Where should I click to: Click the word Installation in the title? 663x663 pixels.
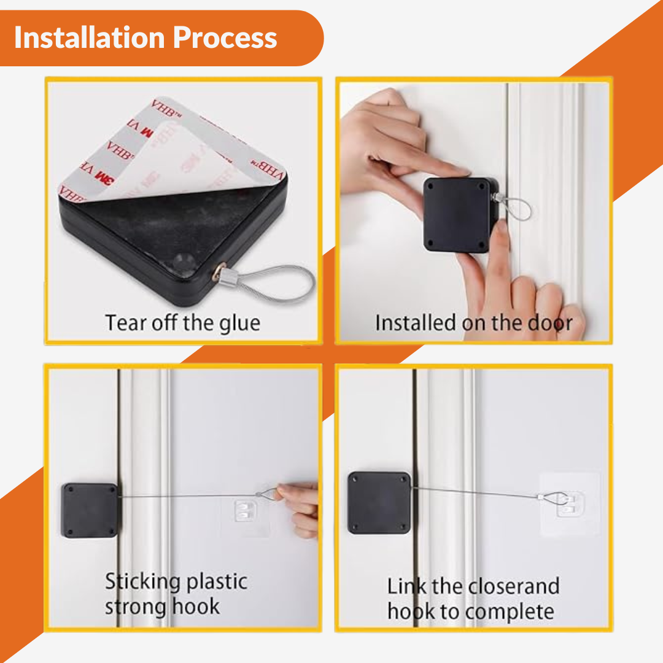pos(89,37)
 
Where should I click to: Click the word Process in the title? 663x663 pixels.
pos(225,37)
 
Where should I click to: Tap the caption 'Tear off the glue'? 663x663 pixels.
pos(183,324)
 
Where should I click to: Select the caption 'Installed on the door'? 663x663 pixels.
pos(474,323)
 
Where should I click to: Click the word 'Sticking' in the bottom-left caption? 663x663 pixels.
pos(143,582)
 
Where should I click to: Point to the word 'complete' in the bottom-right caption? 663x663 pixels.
pos(510,612)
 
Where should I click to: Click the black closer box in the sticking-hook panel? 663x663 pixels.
pos(90,510)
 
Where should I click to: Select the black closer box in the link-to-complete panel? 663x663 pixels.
pos(379,503)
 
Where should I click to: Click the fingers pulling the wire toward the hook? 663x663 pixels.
pos(299,510)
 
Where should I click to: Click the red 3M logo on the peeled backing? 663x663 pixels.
pos(104,177)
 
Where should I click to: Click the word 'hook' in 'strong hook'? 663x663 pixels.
pos(196,607)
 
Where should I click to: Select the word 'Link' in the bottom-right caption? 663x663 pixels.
pos(406,586)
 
